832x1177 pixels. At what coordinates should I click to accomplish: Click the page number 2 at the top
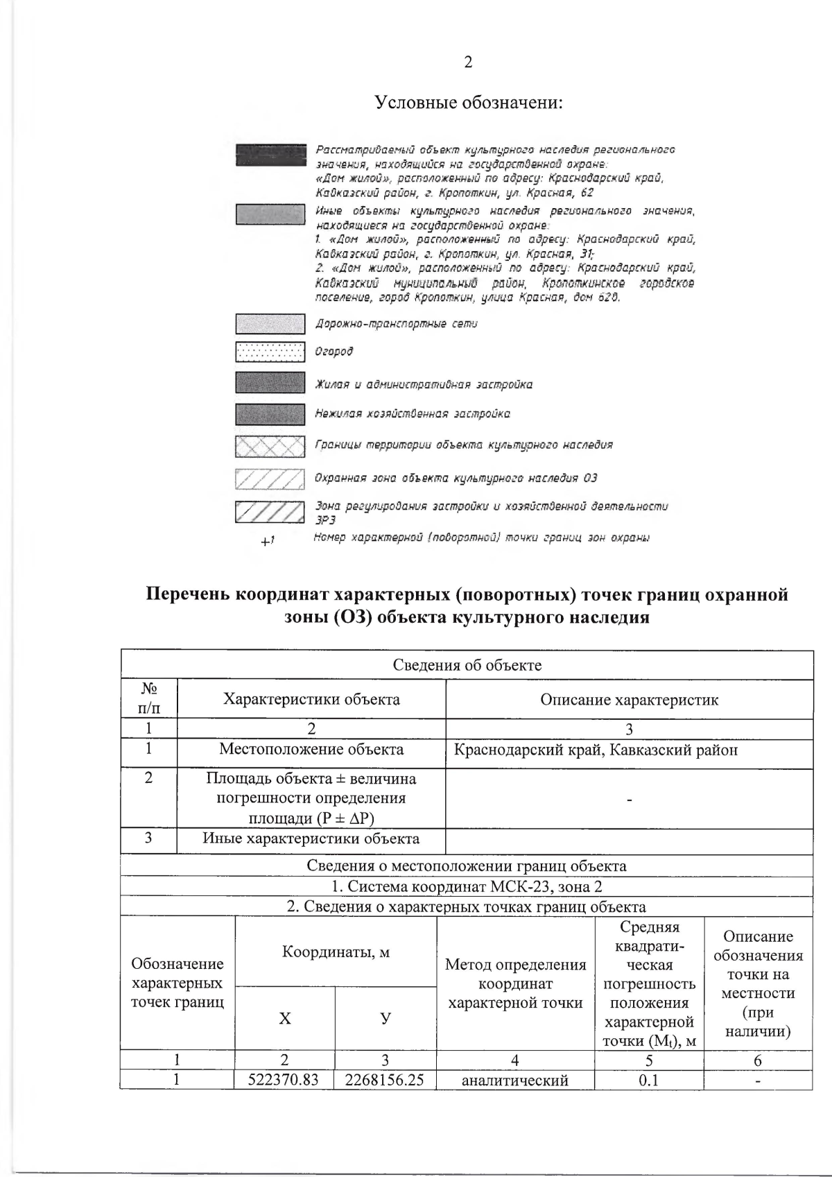click(x=468, y=62)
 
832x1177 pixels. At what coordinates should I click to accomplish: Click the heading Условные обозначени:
click(x=468, y=103)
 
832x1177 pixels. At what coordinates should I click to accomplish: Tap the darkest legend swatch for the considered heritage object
click(x=270, y=155)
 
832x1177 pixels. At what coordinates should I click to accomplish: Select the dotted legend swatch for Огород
click(x=270, y=352)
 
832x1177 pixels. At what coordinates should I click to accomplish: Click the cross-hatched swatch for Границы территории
click(x=270, y=446)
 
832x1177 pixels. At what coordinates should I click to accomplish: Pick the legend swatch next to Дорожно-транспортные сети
click(x=270, y=324)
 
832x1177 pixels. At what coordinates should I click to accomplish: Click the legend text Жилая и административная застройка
click(x=424, y=384)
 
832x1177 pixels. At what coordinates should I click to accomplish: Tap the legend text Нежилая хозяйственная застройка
click(x=413, y=413)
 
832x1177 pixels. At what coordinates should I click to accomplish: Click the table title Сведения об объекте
click(x=467, y=665)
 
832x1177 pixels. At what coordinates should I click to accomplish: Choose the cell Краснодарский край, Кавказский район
click(x=596, y=750)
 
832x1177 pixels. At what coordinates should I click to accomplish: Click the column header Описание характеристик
click(x=629, y=699)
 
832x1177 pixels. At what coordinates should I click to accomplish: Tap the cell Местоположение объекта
click(x=311, y=749)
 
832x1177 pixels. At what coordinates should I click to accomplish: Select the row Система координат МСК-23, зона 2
click(x=467, y=886)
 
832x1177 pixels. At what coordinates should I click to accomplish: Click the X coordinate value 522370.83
click(x=284, y=1080)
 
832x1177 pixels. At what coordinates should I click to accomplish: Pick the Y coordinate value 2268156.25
click(x=385, y=1080)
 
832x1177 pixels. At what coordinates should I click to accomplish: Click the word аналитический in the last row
click(x=514, y=1080)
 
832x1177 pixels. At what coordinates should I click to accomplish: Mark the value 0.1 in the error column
click(x=649, y=1080)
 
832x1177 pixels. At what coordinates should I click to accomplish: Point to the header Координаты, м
click(x=336, y=952)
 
